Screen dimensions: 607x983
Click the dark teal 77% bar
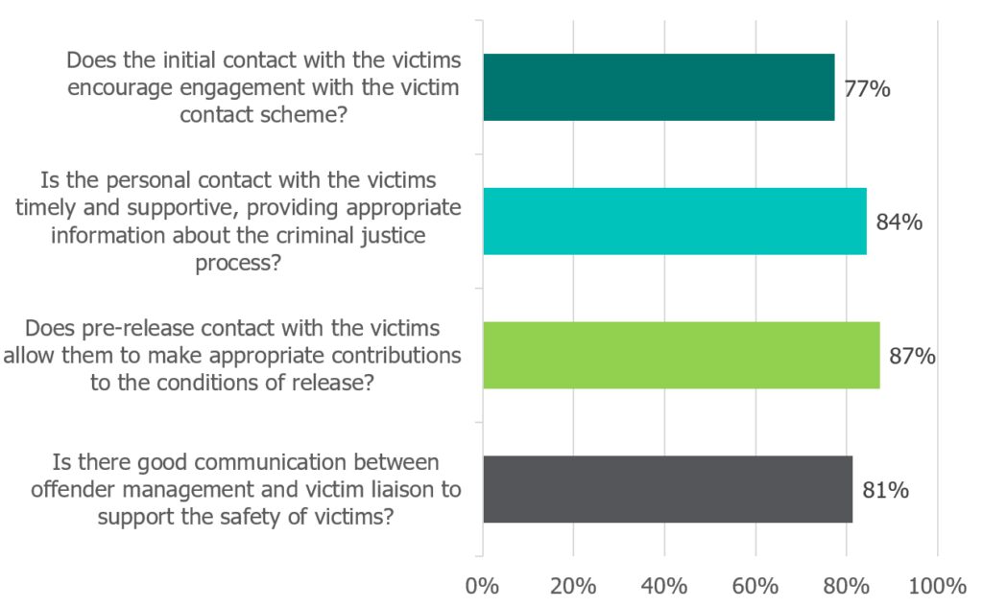pyautogui.click(x=659, y=87)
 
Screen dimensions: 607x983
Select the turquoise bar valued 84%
pyautogui.click(x=674, y=222)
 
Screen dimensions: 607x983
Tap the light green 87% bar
pyautogui.click(x=681, y=355)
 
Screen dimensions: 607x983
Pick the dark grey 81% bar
pyautogui.click(x=667, y=489)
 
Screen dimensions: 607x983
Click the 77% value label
pyautogui.click(x=868, y=89)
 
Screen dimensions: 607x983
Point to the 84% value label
pyautogui.click(x=899, y=222)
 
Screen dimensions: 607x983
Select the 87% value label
pyautogui.click(x=913, y=357)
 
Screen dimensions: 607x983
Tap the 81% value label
pyautogui.click(x=886, y=491)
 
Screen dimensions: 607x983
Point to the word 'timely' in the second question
pyautogui.click(x=47, y=208)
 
